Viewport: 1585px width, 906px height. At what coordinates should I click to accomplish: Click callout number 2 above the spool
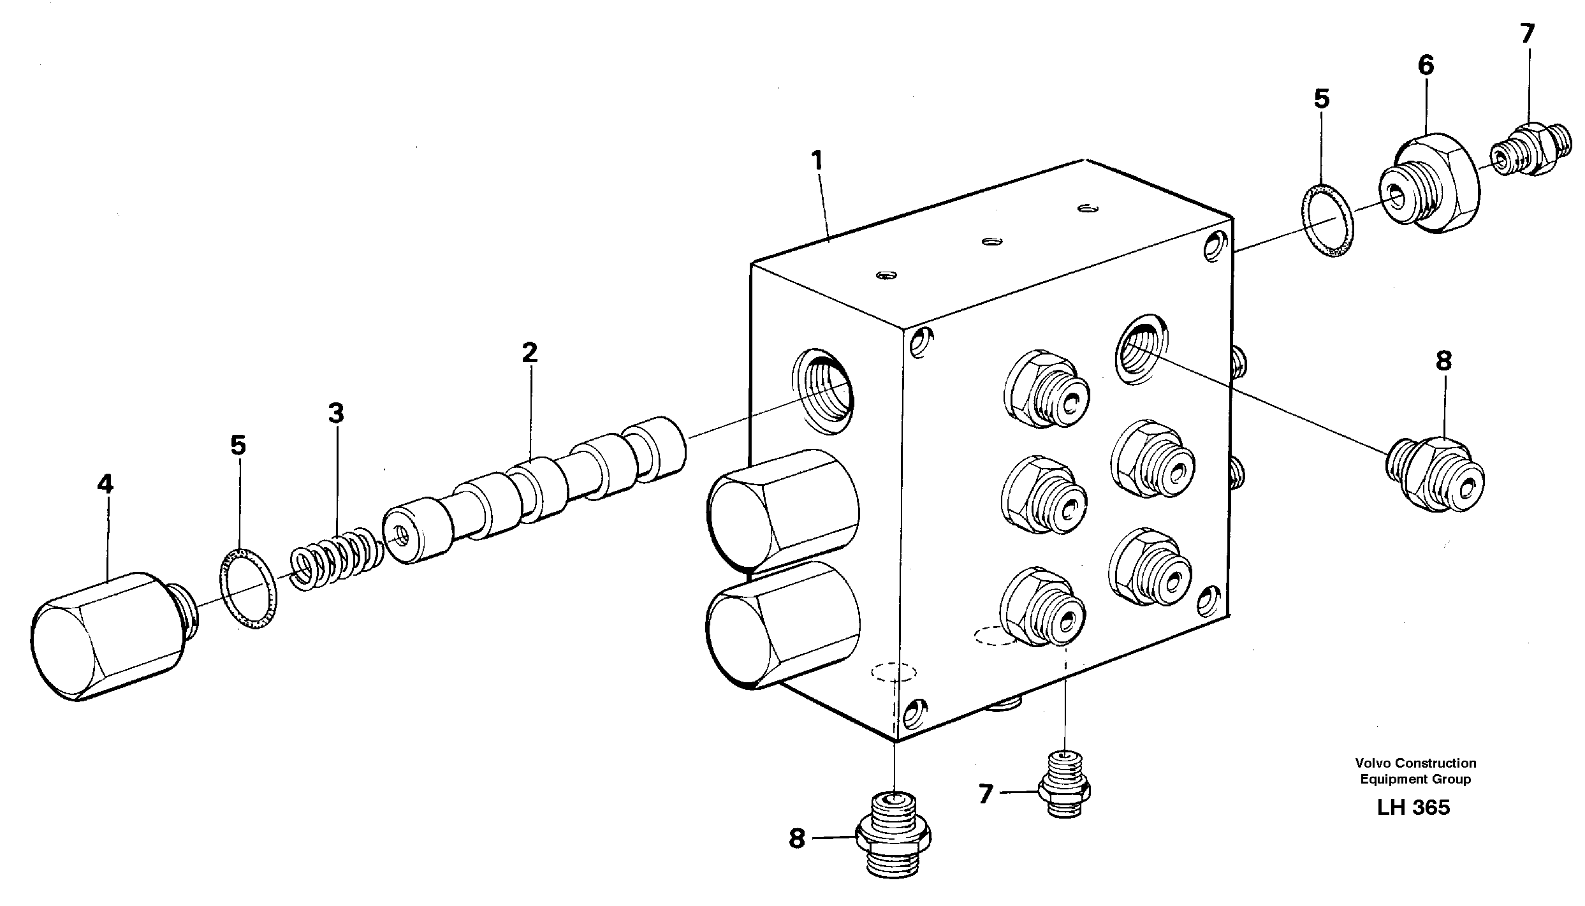pyautogui.click(x=529, y=353)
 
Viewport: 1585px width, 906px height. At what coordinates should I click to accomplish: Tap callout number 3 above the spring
pyautogui.click(x=335, y=414)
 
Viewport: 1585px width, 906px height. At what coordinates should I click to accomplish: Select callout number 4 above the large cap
pyautogui.click(x=105, y=485)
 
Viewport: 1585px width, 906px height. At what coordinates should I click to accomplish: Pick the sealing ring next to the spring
pyautogui.click(x=249, y=588)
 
